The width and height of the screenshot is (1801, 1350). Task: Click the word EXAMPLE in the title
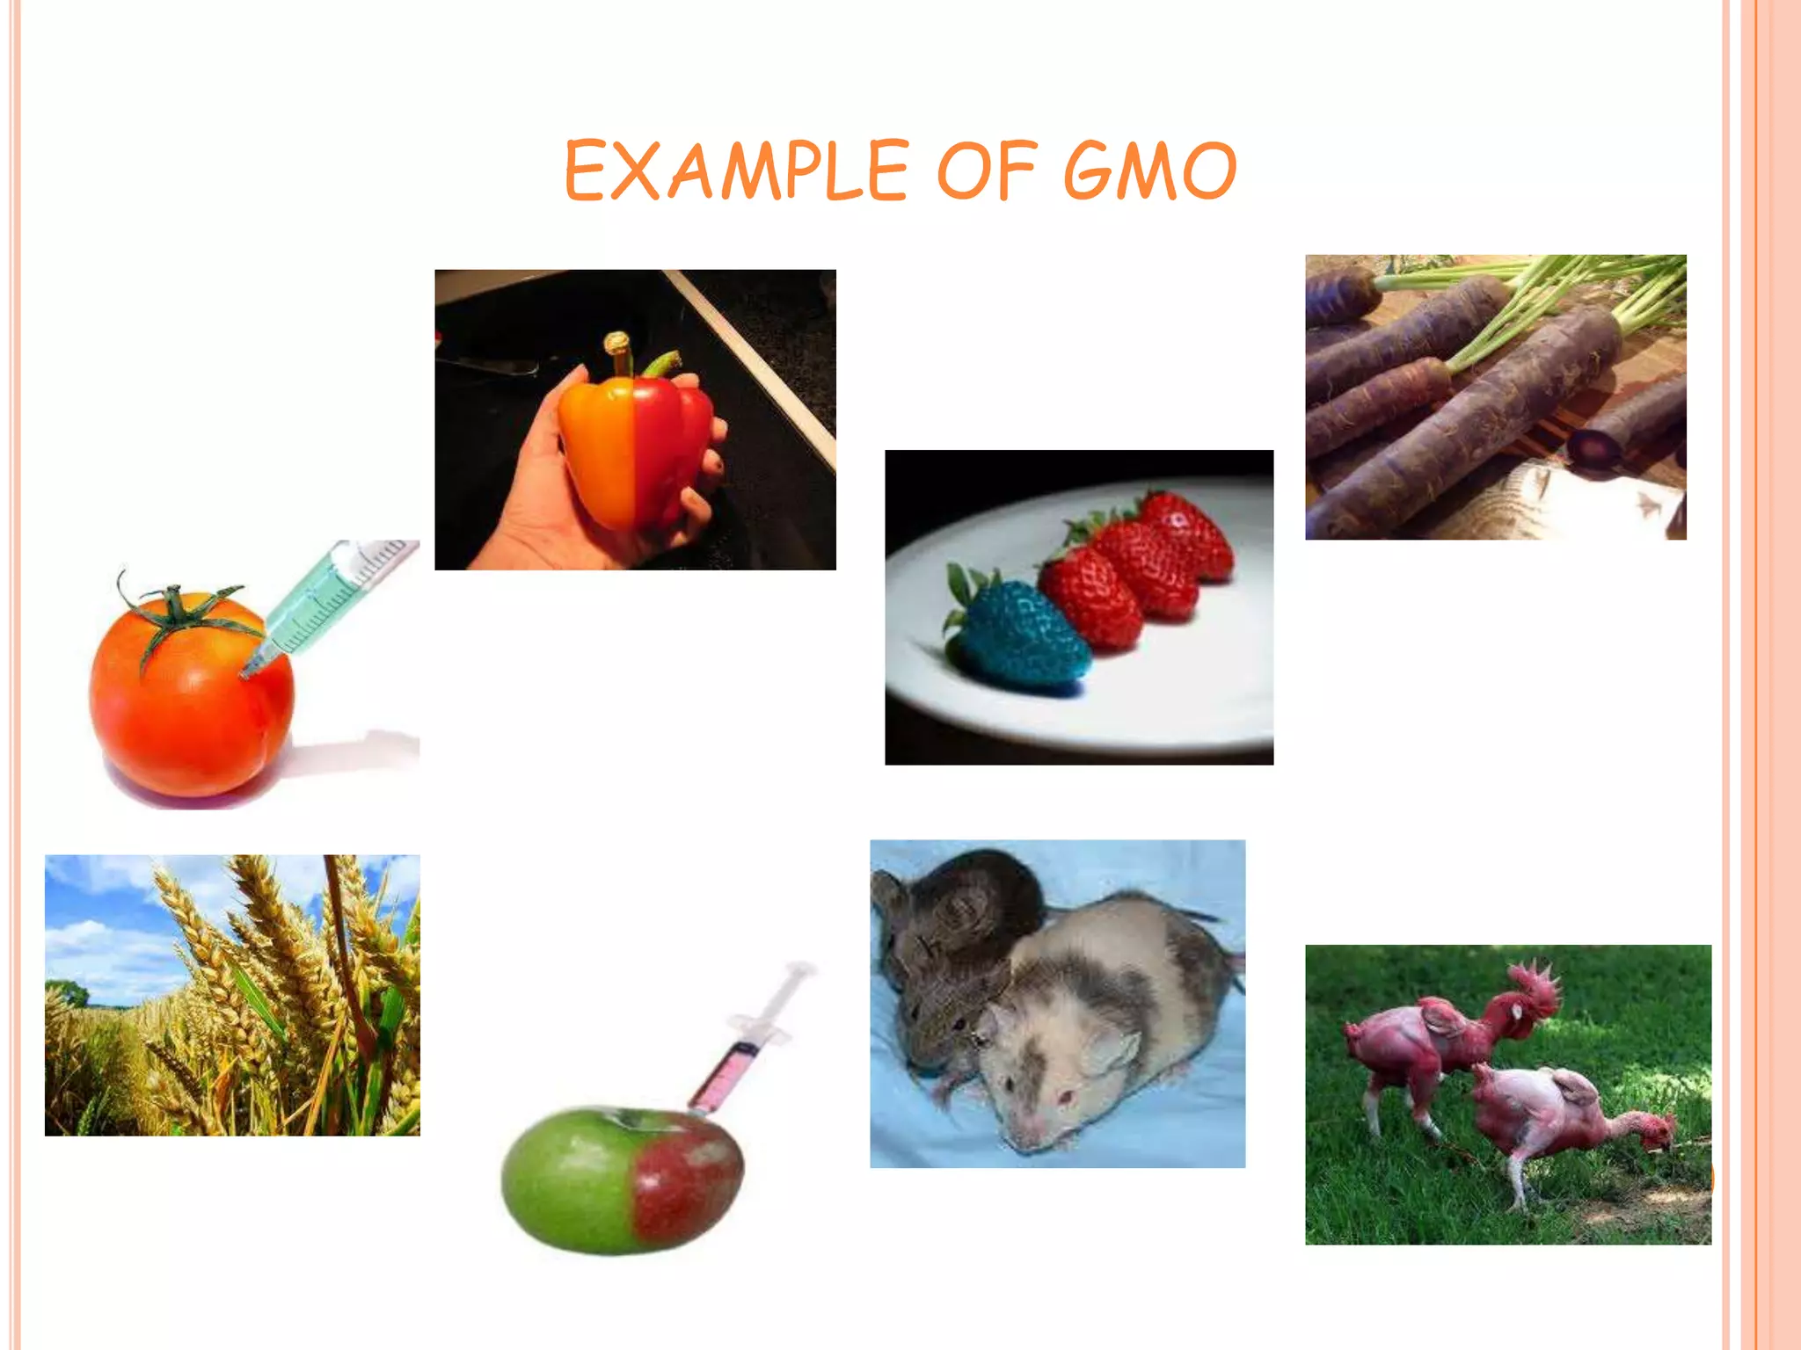(x=735, y=171)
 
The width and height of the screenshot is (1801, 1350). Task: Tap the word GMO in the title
(x=1149, y=171)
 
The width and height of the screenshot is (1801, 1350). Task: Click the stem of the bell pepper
(x=621, y=352)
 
